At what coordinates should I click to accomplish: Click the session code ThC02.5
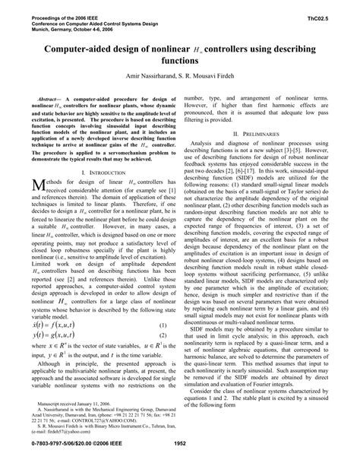[332, 14]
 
